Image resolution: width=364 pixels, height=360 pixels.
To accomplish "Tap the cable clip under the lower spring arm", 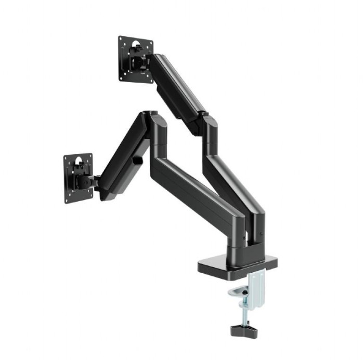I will (x=138, y=161).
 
